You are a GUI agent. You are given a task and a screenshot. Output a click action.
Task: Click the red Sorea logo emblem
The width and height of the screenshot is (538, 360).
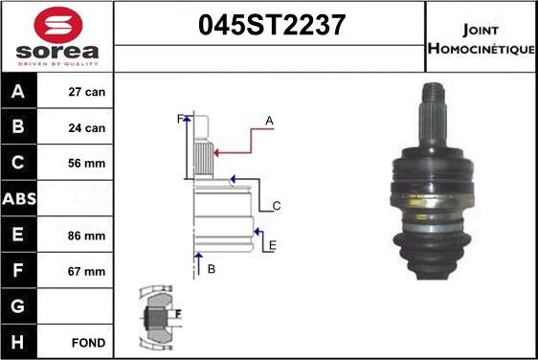pyautogui.click(x=58, y=24)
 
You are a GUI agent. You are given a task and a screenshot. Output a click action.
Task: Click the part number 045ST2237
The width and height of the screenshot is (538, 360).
pyautogui.click(x=272, y=25)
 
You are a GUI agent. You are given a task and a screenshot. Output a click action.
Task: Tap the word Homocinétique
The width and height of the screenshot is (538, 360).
pyautogui.click(x=482, y=49)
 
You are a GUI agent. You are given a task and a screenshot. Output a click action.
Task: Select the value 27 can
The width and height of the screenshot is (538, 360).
pyautogui.click(x=86, y=92)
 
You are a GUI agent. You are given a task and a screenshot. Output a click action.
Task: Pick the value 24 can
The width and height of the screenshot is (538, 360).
pyautogui.click(x=86, y=127)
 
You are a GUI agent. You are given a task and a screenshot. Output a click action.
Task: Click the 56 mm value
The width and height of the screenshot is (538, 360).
pyautogui.click(x=86, y=163)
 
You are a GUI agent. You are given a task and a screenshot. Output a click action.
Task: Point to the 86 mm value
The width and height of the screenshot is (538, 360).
pyautogui.click(x=86, y=236)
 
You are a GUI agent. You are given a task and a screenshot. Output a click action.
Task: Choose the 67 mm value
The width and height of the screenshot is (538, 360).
pyautogui.click(x=86, y=271)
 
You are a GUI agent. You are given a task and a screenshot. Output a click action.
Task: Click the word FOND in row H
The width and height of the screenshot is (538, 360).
pyautogui.click(x=88, y=343)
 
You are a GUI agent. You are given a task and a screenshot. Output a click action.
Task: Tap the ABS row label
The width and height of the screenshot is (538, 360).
pyautogui.click(x=19, y=198)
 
